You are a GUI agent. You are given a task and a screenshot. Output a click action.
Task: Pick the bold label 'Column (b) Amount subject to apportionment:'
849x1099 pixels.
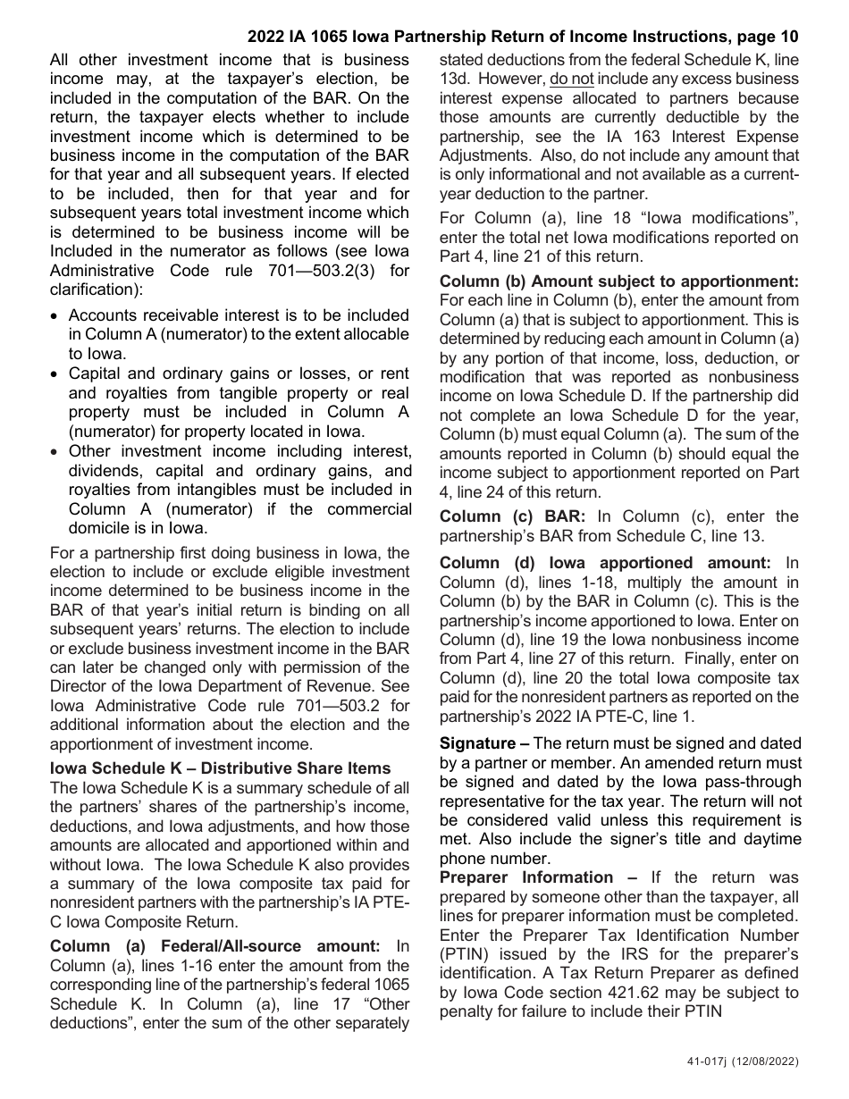tap(619, 281)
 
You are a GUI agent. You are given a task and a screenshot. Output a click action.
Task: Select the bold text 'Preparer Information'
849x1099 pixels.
tap(526, 877)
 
